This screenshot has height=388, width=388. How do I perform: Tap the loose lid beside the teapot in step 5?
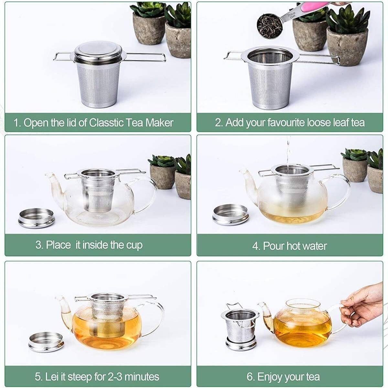pos(46,342)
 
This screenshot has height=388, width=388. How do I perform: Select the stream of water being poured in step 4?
pos(288,153)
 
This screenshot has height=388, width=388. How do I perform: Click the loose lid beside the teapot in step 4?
pos(231,215)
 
